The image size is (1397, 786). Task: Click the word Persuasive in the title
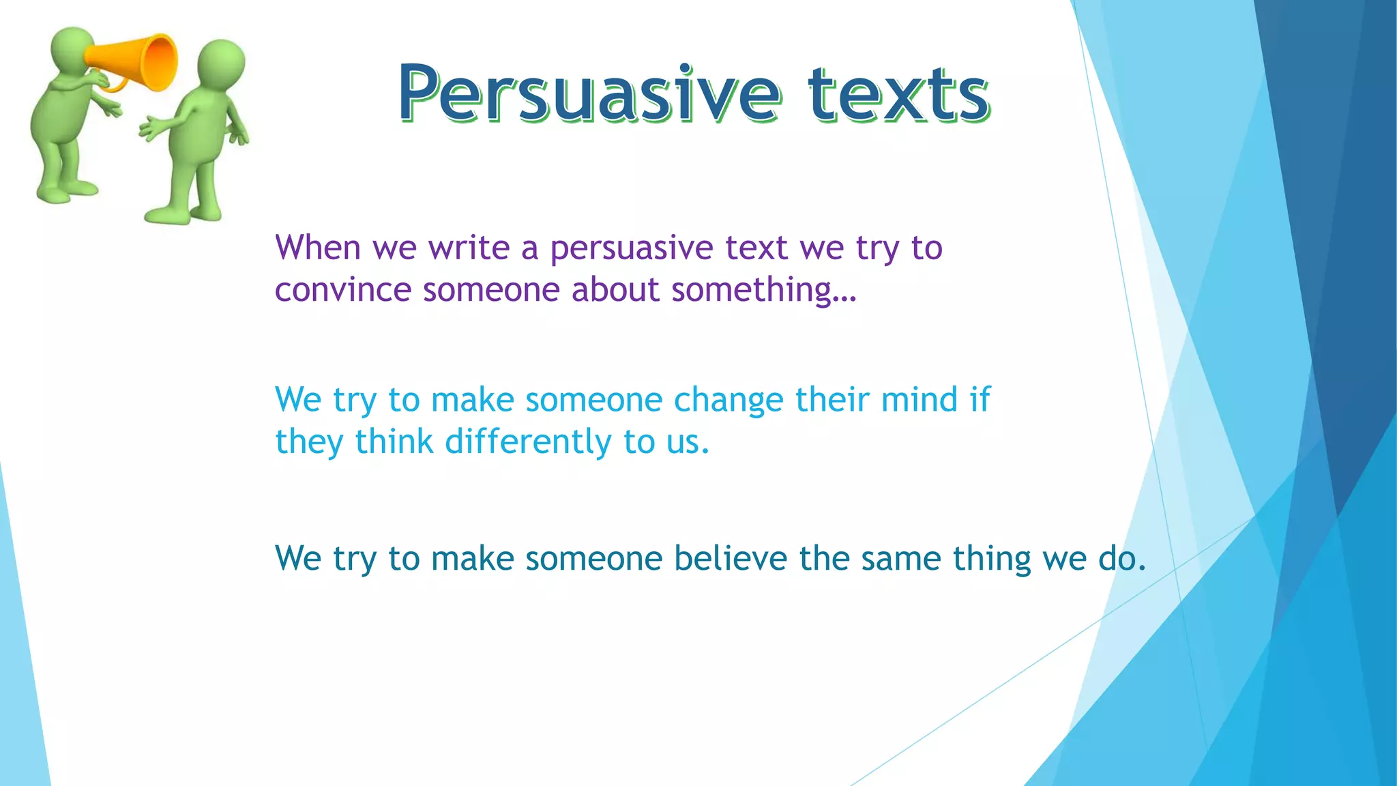point(588,93)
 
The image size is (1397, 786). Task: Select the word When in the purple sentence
point(318,247)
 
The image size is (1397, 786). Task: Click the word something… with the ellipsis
point(763,290)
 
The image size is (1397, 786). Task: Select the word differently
point(528,442)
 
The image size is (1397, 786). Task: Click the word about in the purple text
point(615,290)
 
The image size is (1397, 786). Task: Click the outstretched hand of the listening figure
point(149,129)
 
